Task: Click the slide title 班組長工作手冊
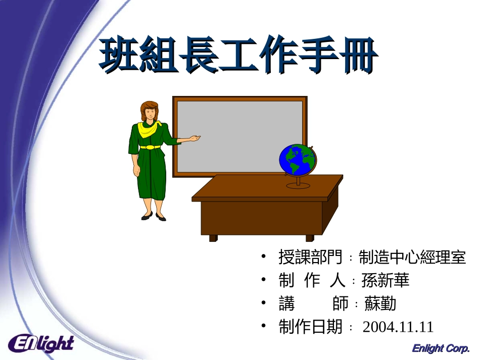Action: (x=237, y=56)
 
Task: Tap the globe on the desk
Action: (x=298, y=160)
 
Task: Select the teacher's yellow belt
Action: (x=150, y=147)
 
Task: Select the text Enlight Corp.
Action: (x=441, y=348)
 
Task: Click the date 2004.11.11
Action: (x=398, y=327)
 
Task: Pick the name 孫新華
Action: (x=385, y=280)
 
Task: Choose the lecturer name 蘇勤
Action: (x=380, y=303)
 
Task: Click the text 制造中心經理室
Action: (x=412, y=258)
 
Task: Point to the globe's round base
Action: (x=298, y=185)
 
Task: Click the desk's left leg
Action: (x=213, y=238)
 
